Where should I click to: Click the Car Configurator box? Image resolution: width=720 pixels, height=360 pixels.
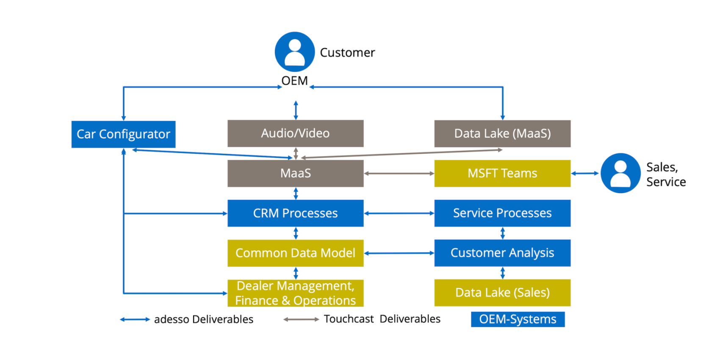click(x=123, y=134)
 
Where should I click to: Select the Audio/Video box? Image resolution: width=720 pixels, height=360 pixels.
click(x=295, y=133)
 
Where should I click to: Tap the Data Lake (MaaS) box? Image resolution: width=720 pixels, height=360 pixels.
click(x=502, y=134)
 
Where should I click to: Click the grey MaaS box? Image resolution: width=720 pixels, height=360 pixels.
click(x=295, y=173)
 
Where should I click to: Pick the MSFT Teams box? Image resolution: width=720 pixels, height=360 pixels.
click(x=502, y=173)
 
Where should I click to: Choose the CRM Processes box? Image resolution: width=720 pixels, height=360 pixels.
click(x=295, y=213)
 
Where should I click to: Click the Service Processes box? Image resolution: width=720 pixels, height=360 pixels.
click(x=502, y=213)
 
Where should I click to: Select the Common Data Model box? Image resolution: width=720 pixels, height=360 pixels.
click(x=295, y=253)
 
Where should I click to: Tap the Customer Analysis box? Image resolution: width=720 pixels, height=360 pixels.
click(x=502, y=253)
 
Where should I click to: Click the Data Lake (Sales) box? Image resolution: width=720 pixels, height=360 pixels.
click(x=502, y=293)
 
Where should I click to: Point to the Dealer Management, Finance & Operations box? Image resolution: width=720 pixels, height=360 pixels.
click(x=295, y=293)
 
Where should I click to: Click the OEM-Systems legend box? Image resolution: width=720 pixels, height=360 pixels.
click(x=518, y=319)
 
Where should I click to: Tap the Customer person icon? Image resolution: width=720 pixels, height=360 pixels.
click(x=295, y=52)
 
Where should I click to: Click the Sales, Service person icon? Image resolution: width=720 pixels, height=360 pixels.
click(x=620, y=173)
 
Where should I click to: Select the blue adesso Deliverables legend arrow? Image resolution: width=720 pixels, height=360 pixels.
click(x=135, y=319)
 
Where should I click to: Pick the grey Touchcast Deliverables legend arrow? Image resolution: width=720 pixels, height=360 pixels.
click(x=301, y=319)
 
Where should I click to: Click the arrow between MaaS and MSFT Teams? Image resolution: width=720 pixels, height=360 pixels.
click(x=399, y=174)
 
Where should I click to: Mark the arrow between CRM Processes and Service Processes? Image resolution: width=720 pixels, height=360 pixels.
click(x=399, y=213)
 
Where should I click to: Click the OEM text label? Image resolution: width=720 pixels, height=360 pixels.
click(x=294, y=80)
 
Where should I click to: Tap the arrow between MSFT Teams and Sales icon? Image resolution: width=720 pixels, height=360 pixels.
click(x=585, y=174)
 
